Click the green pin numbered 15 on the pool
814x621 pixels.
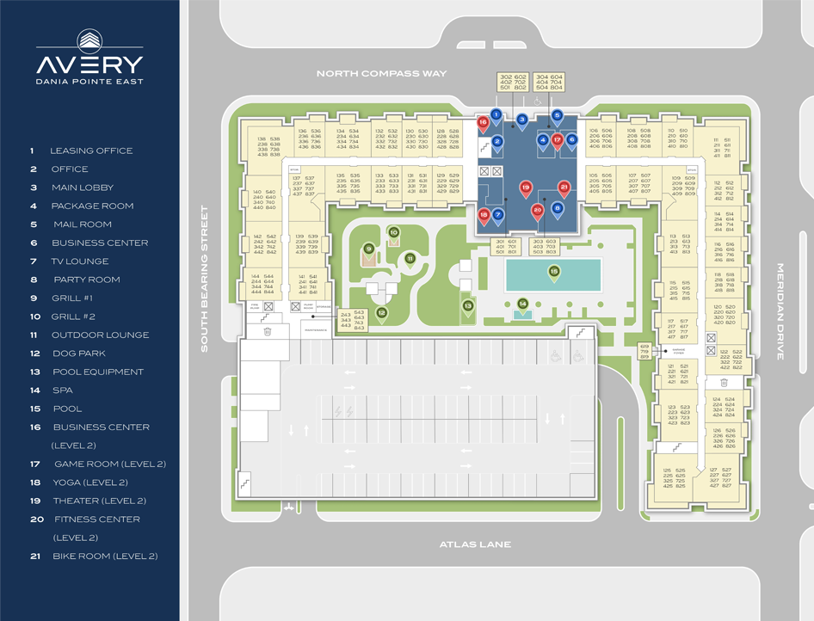[554, 273]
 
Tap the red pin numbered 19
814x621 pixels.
[526, 188]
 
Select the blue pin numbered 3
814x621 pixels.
[521, 120]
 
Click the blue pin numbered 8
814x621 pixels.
[558, 209]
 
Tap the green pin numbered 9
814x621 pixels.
[368, 250]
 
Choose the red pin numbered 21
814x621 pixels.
[564, 188]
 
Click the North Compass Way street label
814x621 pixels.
[381, 74]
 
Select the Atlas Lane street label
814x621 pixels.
[475, 544]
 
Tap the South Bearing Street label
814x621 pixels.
[205, 278]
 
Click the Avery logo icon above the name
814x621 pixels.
[89, 40]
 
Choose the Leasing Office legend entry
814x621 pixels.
[90, 151]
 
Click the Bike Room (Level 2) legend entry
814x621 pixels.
[105, 556]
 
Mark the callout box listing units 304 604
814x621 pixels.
[549, 82]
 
